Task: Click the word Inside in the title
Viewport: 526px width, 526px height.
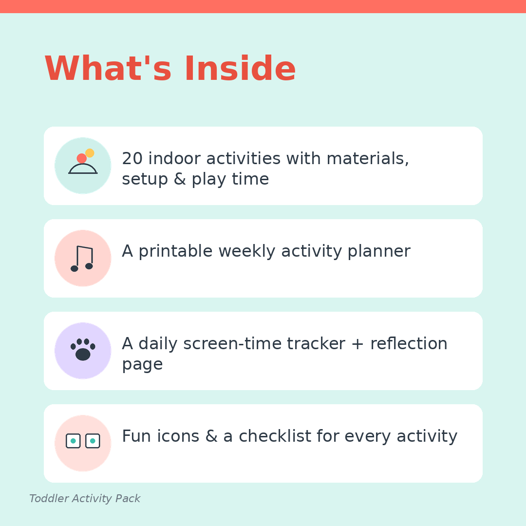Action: click(x=240, y=69)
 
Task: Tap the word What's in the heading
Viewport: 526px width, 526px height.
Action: click(x=108, y=69)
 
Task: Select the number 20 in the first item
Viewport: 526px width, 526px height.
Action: click(x=132, y=158)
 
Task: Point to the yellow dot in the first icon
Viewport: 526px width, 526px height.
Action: click(x=90, y=153)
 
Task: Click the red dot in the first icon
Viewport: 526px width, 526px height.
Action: click(x=81, y=158)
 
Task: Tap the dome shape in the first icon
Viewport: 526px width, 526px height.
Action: click(x=83, y=169)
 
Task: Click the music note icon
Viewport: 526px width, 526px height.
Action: click(x=82, y=259)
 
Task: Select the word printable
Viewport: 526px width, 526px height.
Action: click(x=175, y=252)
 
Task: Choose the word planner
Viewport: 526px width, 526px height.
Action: click(x=379, y=252)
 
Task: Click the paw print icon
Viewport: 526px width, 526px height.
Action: click(x=83, y=349)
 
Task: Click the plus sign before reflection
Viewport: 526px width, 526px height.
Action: click(x=357, y=344)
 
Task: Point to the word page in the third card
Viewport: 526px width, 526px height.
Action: click(x=142, y=365)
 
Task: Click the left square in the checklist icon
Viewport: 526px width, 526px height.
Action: click(x=73, y=441)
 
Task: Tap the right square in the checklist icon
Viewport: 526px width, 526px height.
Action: click(x=93, y=441)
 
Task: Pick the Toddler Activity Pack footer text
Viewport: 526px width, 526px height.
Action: click(x=85, y=499)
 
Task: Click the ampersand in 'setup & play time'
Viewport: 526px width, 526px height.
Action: click(x=180, y=179)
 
